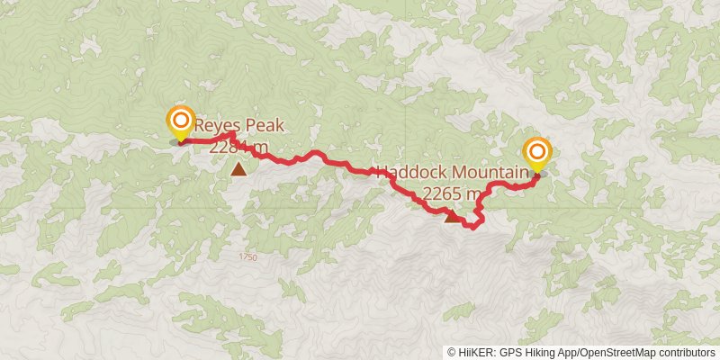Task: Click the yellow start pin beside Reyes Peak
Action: (181, 123)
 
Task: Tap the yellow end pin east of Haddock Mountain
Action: (537, 154)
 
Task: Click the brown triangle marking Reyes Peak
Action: (238, 168)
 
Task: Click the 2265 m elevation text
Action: (452, 193)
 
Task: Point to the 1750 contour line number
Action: (248, 258)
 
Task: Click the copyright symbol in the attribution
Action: (453, 353)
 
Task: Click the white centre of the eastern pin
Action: (537, 149)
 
